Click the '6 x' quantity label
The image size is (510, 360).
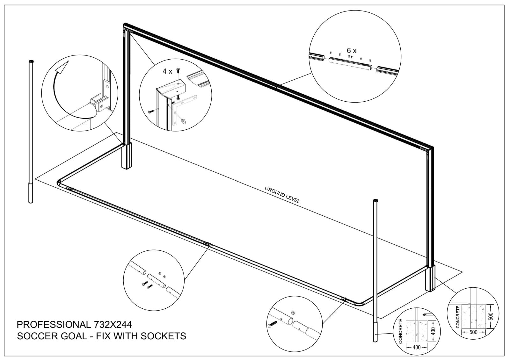click(x=352, y=51)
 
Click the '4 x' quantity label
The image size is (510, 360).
click(x=167, y=71)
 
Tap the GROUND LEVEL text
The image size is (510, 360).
click(x=282, y=195)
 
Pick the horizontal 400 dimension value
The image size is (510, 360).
click(x=417, y=347)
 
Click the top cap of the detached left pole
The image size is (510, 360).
click(x=31, y=61)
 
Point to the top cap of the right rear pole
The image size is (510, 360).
click(x=375, y=200)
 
